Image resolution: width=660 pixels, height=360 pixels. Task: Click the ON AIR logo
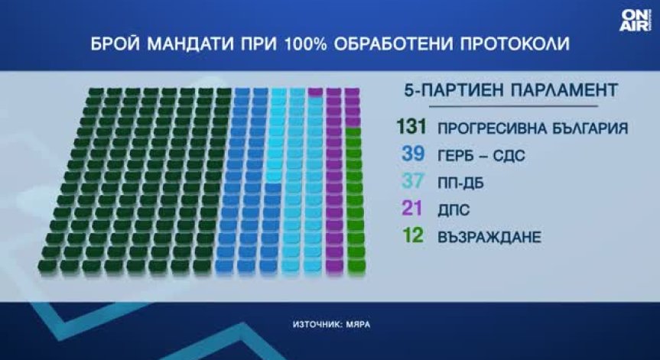pyautogui.click(x=636, y=21)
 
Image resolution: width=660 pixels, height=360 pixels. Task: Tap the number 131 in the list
pyautogui.click(x=411, y=127)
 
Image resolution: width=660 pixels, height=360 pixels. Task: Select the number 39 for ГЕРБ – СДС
pyautogui.click(x=413, y=154)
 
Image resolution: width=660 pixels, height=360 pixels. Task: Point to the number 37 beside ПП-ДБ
pyautogui.click(x=413, y=182)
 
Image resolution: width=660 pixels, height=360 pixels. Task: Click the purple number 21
pyautogui.click(x=412, y=209)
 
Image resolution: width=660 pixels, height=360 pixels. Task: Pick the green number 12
pyautogui.click(x=413, y=236)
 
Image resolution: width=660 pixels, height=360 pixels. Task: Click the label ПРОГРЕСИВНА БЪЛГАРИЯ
pyautogui.click(x=532, y=128)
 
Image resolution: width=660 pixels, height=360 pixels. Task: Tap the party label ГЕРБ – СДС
pyautogui.click(x=481, y=156)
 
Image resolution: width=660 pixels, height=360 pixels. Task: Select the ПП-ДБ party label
pyautogui.click(x=460, y=183)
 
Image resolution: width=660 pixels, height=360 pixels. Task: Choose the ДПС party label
pyautogui.click(x=454, y=210)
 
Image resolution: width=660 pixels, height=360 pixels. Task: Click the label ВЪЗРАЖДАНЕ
pyautogui.click(x=489, y=238)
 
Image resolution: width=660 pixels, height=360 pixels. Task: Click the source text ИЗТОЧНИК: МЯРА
pyautogui.click(x=332, y=325)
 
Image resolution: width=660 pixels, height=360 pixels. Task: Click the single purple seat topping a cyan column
pyautogui.click(x=315, y=92)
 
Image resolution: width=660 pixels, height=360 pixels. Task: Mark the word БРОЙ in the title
pyautogui.click(x=115, y=44)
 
